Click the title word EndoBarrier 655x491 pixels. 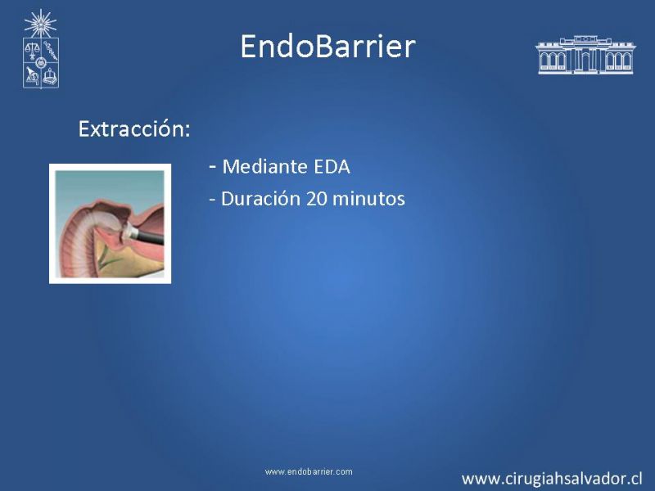click(x=328, y=46)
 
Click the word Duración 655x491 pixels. click(x=260, y=199)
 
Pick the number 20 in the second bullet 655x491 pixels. click(x=317, y=199)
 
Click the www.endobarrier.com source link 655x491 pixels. click(x=309, y=472)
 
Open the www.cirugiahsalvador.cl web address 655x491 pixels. click(x=552, y=479)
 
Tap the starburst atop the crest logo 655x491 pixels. click(x=40, y=24)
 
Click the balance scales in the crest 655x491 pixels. click(x=31, y=50)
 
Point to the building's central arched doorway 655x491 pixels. click(x=585, y=63)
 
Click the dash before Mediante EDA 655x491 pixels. click(x=213, y=167)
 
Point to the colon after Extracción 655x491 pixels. click(x=187, y=130)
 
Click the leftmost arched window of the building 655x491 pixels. click(x=544, y=61)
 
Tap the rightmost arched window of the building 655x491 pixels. click(x=626, y=61)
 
